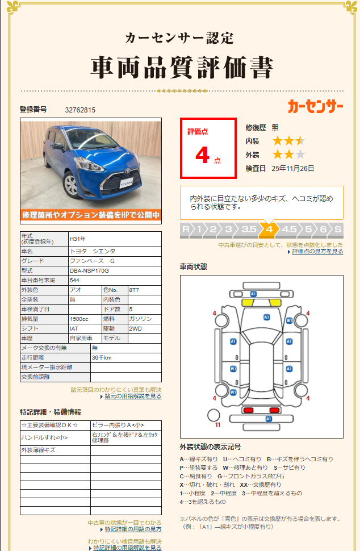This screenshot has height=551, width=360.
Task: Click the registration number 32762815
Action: coord(80,110)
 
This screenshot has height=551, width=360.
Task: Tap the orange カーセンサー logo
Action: coord(315,106)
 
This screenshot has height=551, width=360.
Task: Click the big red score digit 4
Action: coord(202,156)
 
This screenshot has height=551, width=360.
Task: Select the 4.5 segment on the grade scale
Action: coord(290,229)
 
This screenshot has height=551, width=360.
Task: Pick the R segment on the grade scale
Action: coord(186,229)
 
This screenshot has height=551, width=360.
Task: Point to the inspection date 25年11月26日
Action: coord(293,168)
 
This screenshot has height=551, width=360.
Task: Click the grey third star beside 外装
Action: coord(300,155)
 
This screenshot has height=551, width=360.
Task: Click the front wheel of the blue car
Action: coord(70,185)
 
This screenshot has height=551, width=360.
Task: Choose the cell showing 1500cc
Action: coord(78,319)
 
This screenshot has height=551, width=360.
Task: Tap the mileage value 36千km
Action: coord(102,357)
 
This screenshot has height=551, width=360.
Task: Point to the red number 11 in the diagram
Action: coord(217,425)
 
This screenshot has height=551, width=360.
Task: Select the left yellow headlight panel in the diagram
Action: coord(249,302)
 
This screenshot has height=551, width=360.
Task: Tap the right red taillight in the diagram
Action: coord(274,410)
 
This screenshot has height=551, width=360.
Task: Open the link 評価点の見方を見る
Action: coord(317,251)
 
